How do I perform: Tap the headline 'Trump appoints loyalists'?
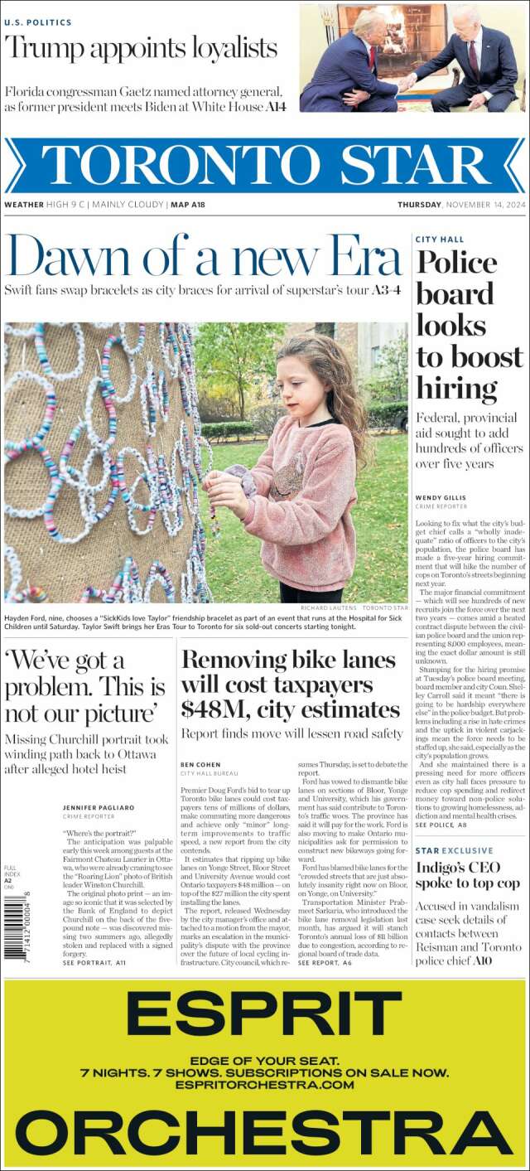tap(141, 48)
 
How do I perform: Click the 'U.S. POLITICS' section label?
tap(38, 22)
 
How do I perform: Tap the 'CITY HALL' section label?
tap(440, 240)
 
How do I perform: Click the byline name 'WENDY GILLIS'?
tap(441, 498)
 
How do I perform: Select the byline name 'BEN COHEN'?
tap(200, 764)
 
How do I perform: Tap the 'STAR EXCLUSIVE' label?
tap(454, 851)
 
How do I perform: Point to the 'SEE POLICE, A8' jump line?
tap(441, 825)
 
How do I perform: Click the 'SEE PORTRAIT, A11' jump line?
tap(94, 963)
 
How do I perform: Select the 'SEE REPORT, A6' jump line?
tap(325, 963)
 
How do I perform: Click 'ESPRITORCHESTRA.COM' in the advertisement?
tap(265, 1085)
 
